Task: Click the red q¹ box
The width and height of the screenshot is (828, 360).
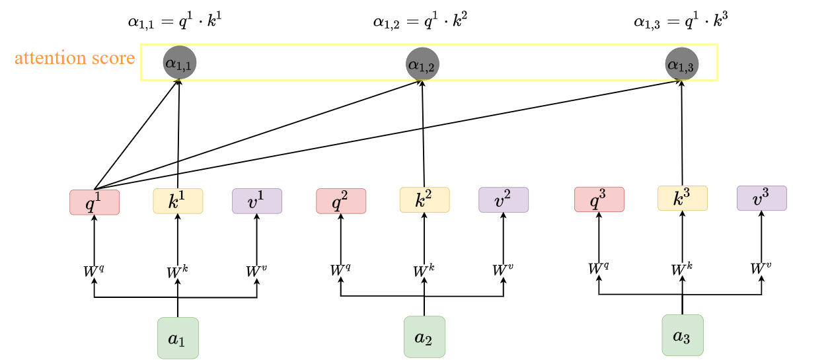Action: point(94,202)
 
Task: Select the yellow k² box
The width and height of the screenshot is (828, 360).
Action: point(424,199)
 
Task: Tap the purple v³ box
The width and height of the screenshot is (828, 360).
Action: point(761,198)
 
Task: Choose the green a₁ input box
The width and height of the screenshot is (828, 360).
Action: point(178,338)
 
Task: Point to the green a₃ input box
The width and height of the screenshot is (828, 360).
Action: point(682,335)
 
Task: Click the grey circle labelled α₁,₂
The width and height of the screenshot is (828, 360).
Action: point(422,64)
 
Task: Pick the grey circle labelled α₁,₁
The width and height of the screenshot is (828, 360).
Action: point(179,63)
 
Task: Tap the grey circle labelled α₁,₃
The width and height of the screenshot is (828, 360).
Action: point(681,64)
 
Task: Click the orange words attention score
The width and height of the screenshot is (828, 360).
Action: point(75,59)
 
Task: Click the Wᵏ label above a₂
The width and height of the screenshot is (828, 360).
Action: point(424,271)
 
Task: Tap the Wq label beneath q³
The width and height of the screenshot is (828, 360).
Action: point(598,268)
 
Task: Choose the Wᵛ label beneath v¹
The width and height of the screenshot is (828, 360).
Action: point(256,271)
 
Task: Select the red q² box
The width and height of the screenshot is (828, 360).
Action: point(341,201)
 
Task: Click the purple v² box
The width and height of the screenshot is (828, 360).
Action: point(504,199)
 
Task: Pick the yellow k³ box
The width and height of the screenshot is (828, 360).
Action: point(682,198)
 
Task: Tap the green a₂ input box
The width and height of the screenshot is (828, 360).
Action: point(424,337)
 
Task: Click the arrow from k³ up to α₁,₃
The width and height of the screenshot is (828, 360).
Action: point(682,132)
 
